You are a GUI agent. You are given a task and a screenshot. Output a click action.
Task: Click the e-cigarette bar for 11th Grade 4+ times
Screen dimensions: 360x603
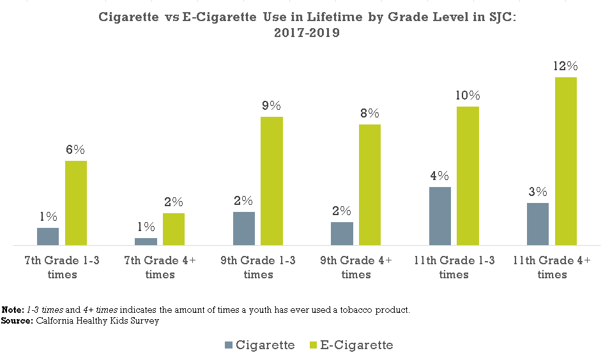tap(565, 161)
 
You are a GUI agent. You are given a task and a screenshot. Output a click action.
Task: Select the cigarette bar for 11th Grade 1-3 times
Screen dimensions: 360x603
tap(439, 216)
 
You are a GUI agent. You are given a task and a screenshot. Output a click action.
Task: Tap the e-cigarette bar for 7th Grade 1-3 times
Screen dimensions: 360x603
tap(76, 203)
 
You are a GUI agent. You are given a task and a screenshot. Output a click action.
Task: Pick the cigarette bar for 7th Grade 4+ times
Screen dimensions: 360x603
tap(146, 241)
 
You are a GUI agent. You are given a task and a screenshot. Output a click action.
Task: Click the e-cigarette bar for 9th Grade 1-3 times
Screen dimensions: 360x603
tap(271, 181)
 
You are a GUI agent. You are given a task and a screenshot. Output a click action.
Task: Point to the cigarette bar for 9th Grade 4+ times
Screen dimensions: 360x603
tap(342, 234)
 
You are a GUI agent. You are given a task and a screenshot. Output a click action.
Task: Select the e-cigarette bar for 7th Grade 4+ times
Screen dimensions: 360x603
tap(174, 229)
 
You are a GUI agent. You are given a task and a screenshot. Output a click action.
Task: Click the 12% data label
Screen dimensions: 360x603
tap(566, 66)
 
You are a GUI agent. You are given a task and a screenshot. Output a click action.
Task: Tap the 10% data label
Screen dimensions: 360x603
tap(468, 96)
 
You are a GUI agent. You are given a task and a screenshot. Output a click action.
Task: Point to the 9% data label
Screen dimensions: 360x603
tap(271, 106)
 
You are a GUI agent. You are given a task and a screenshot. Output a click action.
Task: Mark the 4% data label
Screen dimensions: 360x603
tap(439, 176)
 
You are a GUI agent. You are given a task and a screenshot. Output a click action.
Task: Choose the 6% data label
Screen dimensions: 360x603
tap(75, 150)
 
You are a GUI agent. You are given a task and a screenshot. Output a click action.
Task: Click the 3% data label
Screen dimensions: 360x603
tap(538, 191)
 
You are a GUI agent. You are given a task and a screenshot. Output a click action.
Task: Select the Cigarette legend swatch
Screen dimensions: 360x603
tap(229, 345)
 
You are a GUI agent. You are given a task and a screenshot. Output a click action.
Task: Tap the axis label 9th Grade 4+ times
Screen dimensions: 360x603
tap(356, 267)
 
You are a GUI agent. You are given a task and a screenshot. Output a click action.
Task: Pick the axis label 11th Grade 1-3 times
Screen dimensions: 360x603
tap(454, 267)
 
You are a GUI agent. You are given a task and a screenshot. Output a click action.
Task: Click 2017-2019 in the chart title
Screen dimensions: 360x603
tap(307, 34)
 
